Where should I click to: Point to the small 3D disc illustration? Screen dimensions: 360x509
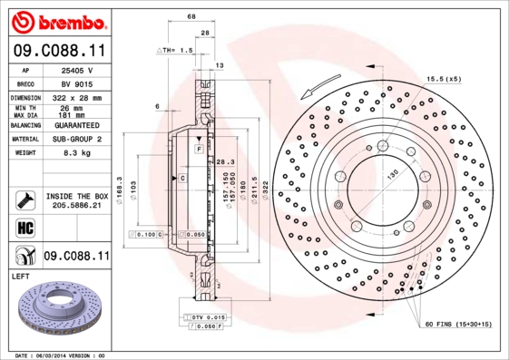coord(56,313)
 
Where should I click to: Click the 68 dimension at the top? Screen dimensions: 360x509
coord(191,16)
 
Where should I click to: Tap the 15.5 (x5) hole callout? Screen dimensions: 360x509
coord(444,78)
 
